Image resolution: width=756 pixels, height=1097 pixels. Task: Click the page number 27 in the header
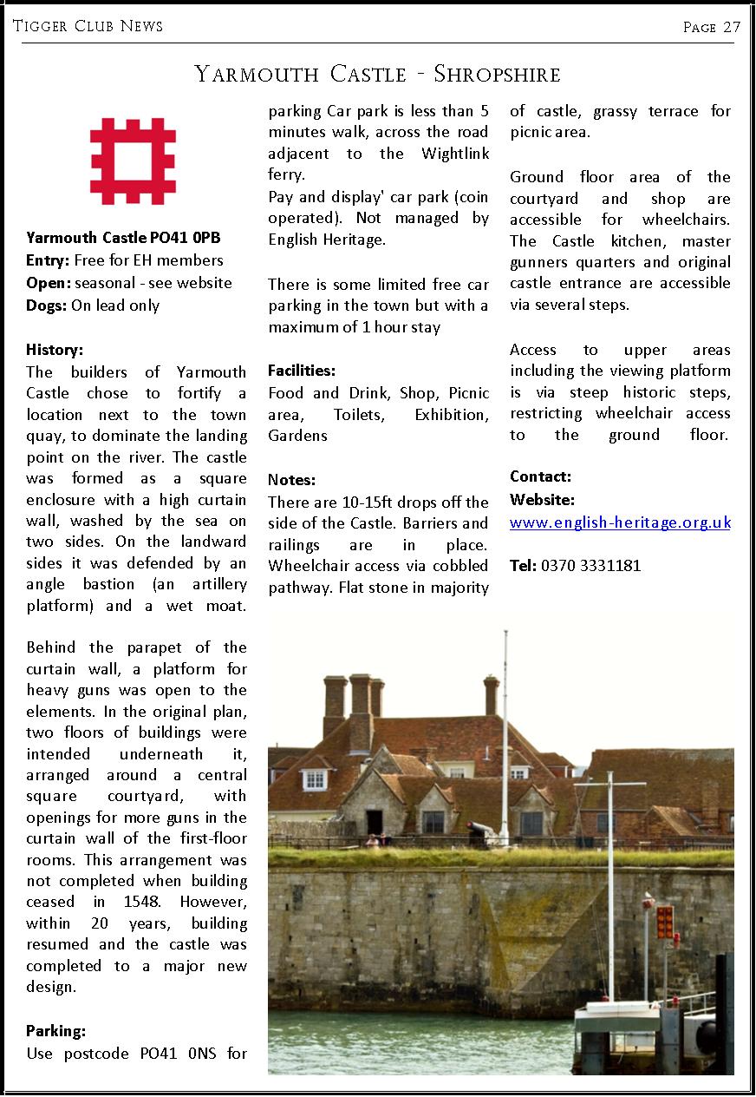click(x=732, y=27)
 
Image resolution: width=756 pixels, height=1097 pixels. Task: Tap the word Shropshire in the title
click(x=497, y=75)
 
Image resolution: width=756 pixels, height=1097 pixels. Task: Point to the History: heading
click(x=55, y=350)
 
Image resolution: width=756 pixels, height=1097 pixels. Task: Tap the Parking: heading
click(x=55, y=1031)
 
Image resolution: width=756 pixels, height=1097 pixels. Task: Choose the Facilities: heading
click(x=302, y=371)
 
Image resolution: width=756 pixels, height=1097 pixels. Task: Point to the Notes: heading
click(x=291, y=479)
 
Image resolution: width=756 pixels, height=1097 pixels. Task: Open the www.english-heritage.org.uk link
click(x=620, y=522)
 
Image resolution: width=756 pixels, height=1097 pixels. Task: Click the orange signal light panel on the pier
click(x=665, y=922)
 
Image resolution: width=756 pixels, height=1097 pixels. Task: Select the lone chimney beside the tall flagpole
click(x=492, y=695)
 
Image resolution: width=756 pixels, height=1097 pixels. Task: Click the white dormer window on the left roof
click(x=315, y=778)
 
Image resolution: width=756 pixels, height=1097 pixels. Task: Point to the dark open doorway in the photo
click(x=375, y=820)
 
